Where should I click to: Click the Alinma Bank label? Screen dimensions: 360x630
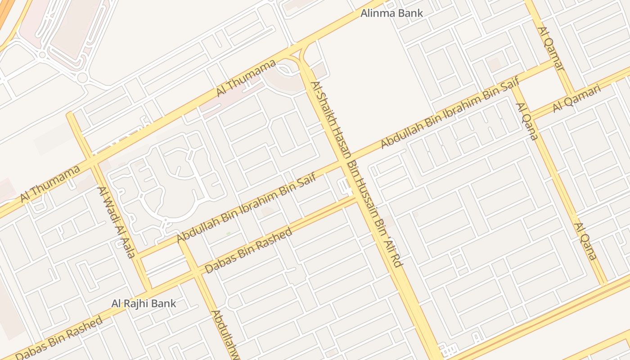pyautogui.click(x=391, y=13)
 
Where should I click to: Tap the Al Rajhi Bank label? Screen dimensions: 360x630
pyautogui.click(x=144, y=303)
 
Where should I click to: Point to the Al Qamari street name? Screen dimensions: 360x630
pyautogui.click(x=577, y=99)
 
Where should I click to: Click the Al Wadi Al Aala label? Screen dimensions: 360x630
pyautogui.click(x=117, y=222)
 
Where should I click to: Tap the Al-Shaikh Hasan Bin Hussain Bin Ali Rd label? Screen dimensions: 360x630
pyautogui.click(x=355, y=175)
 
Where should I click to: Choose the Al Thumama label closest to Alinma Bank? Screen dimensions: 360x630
pyautogui.click(x=246, y=78)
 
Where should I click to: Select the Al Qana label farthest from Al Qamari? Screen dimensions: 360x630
pyautogui.click(x=585, y=241)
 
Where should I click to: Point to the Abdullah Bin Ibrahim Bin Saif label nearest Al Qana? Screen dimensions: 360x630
pyautogui.click(x=450, y=112)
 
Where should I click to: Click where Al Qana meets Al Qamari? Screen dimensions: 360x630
pyautogui.click(x=529, y=112)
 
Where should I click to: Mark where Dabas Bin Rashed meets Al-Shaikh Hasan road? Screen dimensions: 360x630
pyautogui.click(x=356, y=198)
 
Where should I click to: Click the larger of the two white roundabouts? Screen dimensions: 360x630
pyautogui.click(x=82, y=77)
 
